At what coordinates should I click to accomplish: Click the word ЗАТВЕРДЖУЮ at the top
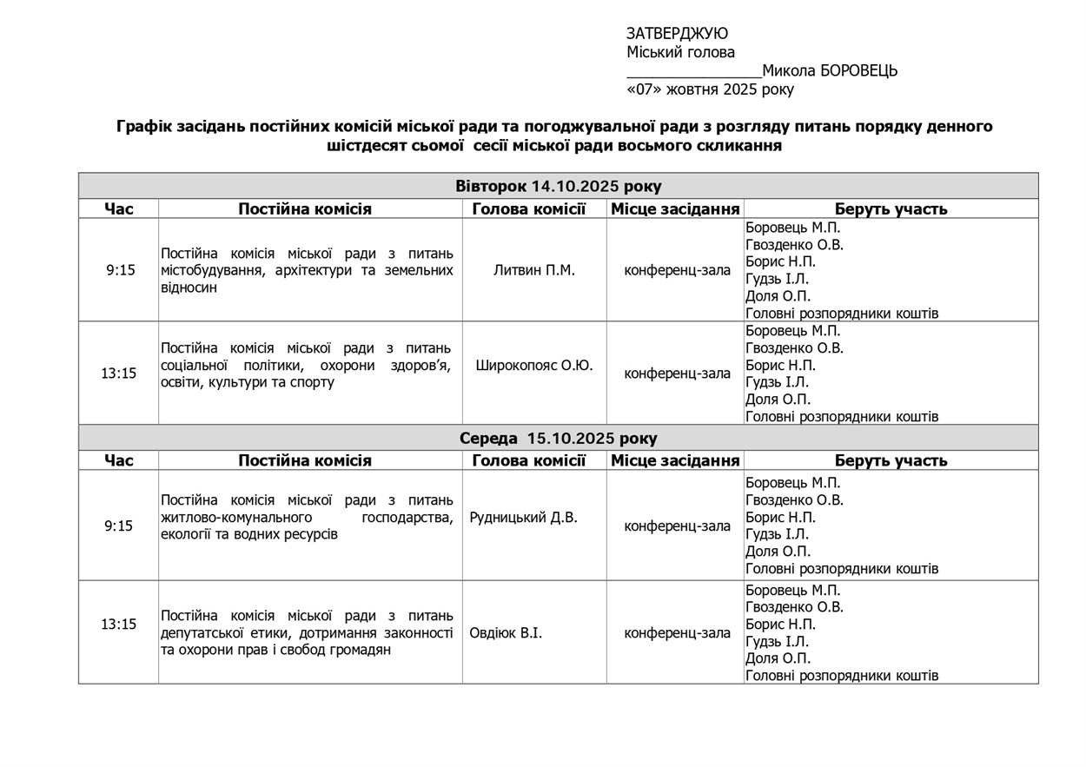pyautogui.click(x=677, y=34)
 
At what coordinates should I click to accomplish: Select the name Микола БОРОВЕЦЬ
pyautogui.click(x=830, y=71)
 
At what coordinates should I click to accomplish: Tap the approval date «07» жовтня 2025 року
pyautogui.click(x=710, y=89)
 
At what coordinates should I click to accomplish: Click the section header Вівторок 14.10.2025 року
pyautogui.click(x=558, y=187)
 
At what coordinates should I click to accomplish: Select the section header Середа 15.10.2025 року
pyautogui.click(x=558, y=439)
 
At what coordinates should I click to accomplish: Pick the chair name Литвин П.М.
pyautogui.click(x=533, y=270)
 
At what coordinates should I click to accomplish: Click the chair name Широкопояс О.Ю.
pyautogui.click(x=533, y=366)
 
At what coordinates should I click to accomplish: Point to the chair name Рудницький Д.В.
pyautogui.click(x=523, y=518)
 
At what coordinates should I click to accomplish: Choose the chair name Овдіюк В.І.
pyautogui.click(x=506, y=633)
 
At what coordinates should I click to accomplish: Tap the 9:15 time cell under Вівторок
pyautogui.click(x=120, y=270)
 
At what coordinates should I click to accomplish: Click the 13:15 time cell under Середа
pyautogui.click(x=118, y=625)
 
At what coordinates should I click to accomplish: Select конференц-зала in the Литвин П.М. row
pyautogui.click(x=677, y=270)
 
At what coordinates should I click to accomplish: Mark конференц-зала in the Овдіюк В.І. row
pyautogui.click(x=677, y=633)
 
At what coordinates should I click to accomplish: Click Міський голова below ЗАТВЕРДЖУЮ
pyautogui.click(x=680, y=52)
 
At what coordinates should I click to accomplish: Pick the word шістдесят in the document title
pyautogui.click(x=365, y=146)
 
